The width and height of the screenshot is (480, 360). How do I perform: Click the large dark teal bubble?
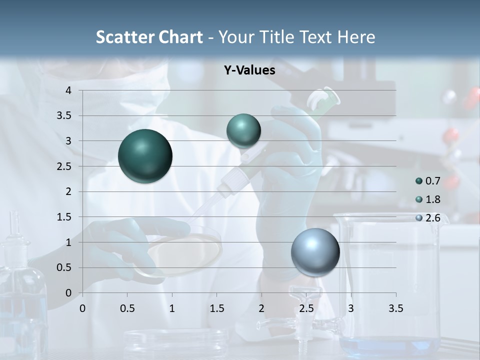145,156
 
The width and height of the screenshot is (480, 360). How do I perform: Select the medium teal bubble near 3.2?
243,131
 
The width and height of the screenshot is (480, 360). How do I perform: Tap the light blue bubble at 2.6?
315,252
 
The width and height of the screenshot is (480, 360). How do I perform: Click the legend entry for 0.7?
428,180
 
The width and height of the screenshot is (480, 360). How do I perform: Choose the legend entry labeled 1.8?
428,199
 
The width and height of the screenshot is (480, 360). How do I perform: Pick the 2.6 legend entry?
428,218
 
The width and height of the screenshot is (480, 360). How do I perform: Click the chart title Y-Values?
249,70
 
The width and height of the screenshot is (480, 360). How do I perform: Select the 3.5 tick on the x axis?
395,308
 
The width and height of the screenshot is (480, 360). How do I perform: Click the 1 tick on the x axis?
172,308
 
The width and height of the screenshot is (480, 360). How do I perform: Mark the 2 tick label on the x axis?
261,308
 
